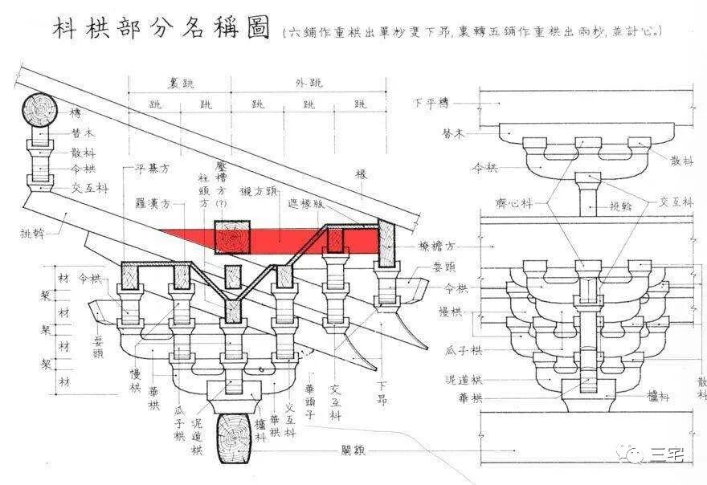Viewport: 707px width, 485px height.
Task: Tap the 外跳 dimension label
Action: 308,84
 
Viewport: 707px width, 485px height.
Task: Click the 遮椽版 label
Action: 305,204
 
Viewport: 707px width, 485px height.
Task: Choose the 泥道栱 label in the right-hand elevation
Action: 466,379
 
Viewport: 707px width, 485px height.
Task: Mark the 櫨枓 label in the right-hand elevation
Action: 661,395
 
